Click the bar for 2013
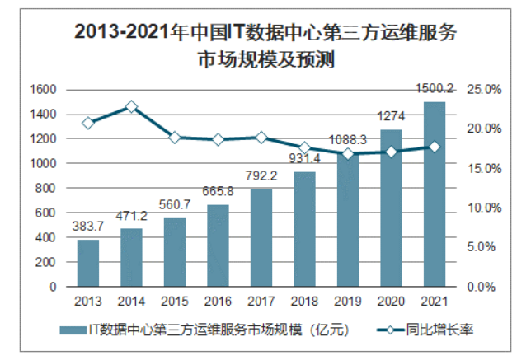(88, 263)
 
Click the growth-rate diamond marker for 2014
(131, 107)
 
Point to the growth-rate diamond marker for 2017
(261, 138)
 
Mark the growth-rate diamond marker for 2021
(434, 147)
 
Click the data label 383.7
(88, 227)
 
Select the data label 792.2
(261, 175)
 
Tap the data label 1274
(391, 116)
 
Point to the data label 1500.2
(434, 88)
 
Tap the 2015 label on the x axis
(175, 301)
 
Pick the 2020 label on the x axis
(391, 301)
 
